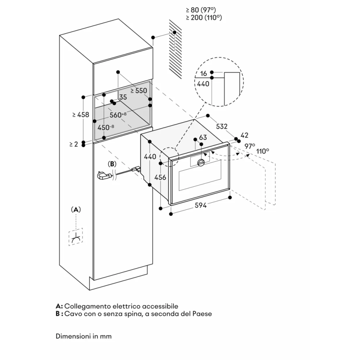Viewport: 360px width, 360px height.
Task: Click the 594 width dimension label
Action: pos(201,206)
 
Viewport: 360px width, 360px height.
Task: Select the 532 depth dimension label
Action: pos(222,126)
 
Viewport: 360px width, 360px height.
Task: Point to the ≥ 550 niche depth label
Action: pos(139,91)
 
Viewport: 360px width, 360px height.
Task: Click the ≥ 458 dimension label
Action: pos(80,114)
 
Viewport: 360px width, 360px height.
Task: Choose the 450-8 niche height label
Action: pos(105,127)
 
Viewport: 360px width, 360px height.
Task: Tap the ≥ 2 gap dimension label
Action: pos(73,144)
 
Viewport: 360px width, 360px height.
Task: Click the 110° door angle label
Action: pos(263,151)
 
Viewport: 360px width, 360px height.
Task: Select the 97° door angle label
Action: pos(249,146)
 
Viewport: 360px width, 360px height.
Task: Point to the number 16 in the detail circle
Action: pos(203,74)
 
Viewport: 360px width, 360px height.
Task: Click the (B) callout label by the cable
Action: pos(113,164)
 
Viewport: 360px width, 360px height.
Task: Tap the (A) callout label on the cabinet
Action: pos(75,210)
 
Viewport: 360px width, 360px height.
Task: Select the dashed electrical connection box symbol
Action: pos(76,237)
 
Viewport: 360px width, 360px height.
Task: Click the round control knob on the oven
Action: pos(201,163)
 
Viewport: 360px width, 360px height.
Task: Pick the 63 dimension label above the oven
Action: pos(203,138)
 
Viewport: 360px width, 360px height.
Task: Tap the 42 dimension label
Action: pos(244,135)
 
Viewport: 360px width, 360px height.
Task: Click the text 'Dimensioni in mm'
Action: pos(84,336)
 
